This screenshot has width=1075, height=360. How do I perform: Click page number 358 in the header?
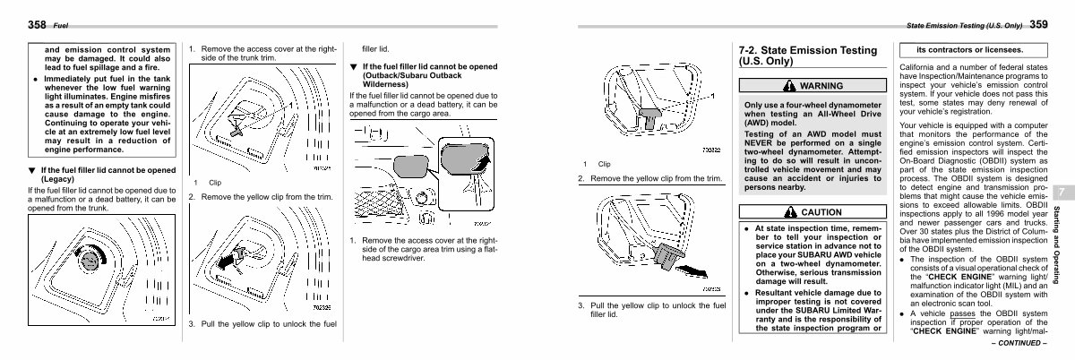(x=38, y=24)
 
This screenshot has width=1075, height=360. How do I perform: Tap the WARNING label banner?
(x=812, y=86)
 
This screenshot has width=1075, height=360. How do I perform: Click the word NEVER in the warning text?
(x=766, y=142)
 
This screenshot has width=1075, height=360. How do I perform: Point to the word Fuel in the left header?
(x=62, y=25)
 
